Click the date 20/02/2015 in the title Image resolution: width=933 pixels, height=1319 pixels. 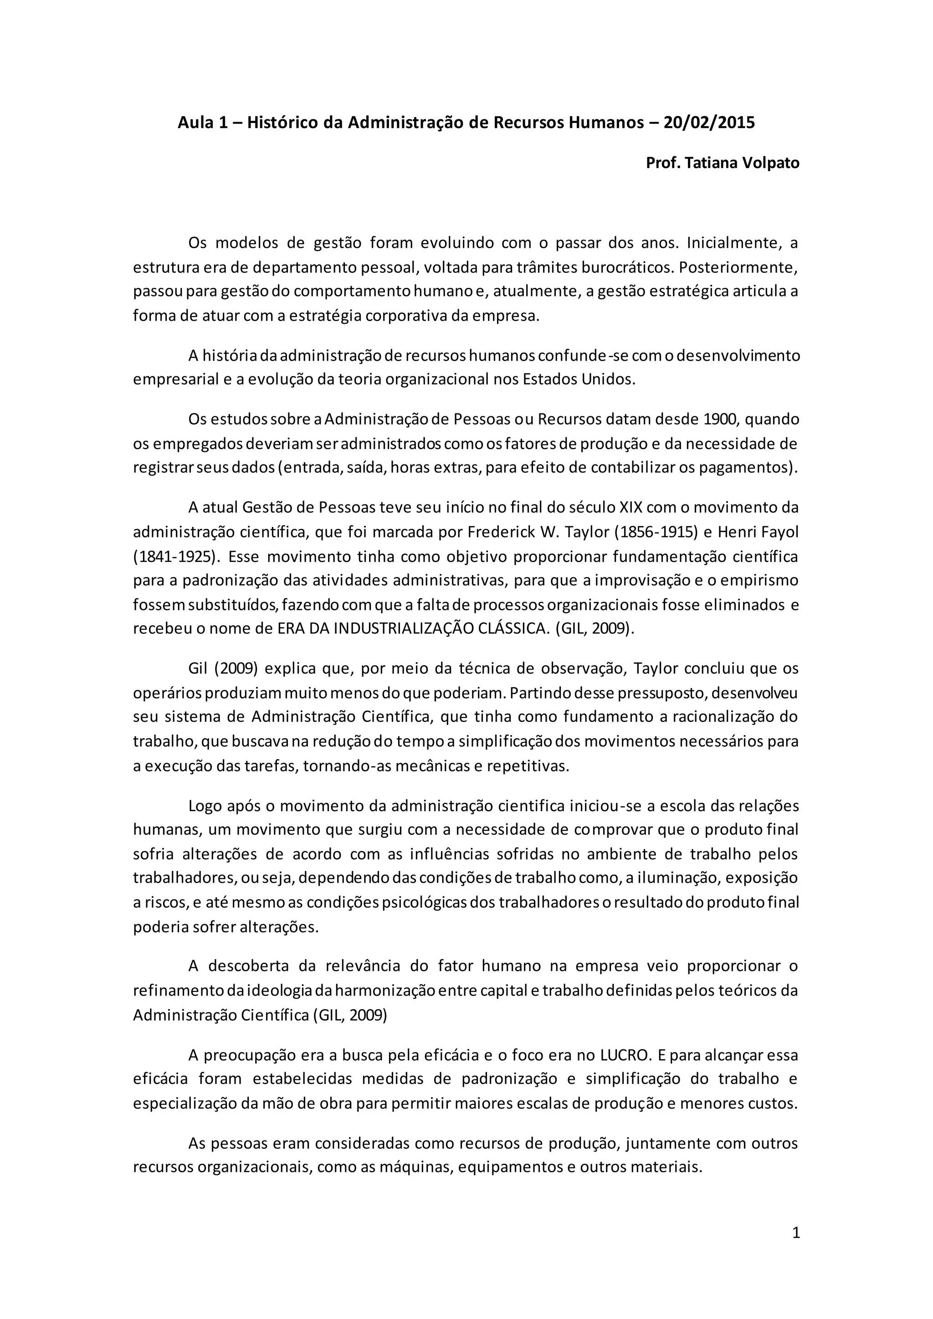tap(709, 123)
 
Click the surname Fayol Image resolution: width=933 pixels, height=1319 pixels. tap(779, 532)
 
